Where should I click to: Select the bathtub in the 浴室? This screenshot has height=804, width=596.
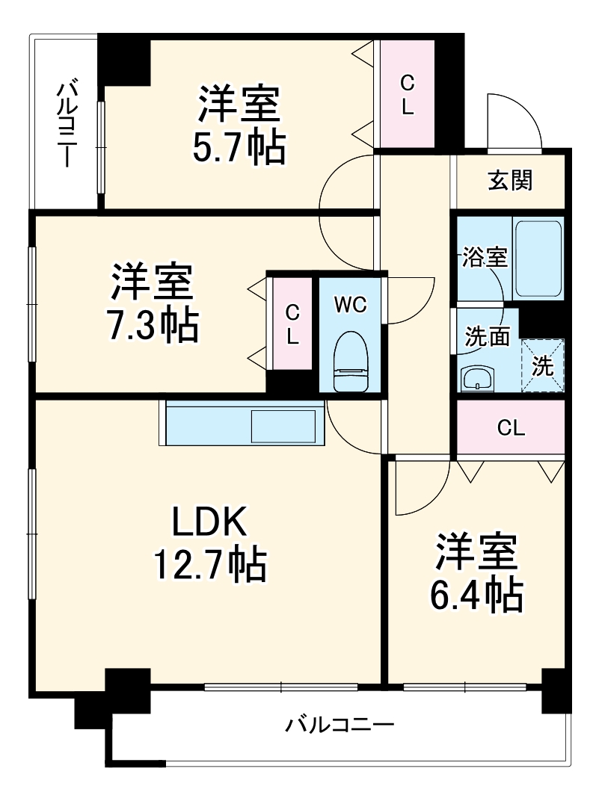[x=538, y=259]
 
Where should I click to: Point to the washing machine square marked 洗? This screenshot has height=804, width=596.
[x=543, y=365]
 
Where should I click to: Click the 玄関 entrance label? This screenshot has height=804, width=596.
[x=511, y=180]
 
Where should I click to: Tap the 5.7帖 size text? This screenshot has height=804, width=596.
[x=239, y=149]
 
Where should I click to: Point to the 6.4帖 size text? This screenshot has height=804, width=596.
[x=476, y=595]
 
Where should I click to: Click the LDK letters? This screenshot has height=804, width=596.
[x=209, y=523]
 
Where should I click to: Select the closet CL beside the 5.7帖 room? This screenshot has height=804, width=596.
[x=407, y=93]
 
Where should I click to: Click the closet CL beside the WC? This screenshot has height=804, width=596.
[x=292, y=324]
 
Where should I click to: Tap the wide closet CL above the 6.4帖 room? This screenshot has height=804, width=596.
[x=511, y=427]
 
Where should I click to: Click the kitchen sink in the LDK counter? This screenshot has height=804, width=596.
[x=283, y=427]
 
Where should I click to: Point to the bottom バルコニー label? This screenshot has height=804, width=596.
[x=340, y=724]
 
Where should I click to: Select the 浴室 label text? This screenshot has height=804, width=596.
[x=484, y=258]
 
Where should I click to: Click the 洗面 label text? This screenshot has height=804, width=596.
[x=487, y=337]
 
